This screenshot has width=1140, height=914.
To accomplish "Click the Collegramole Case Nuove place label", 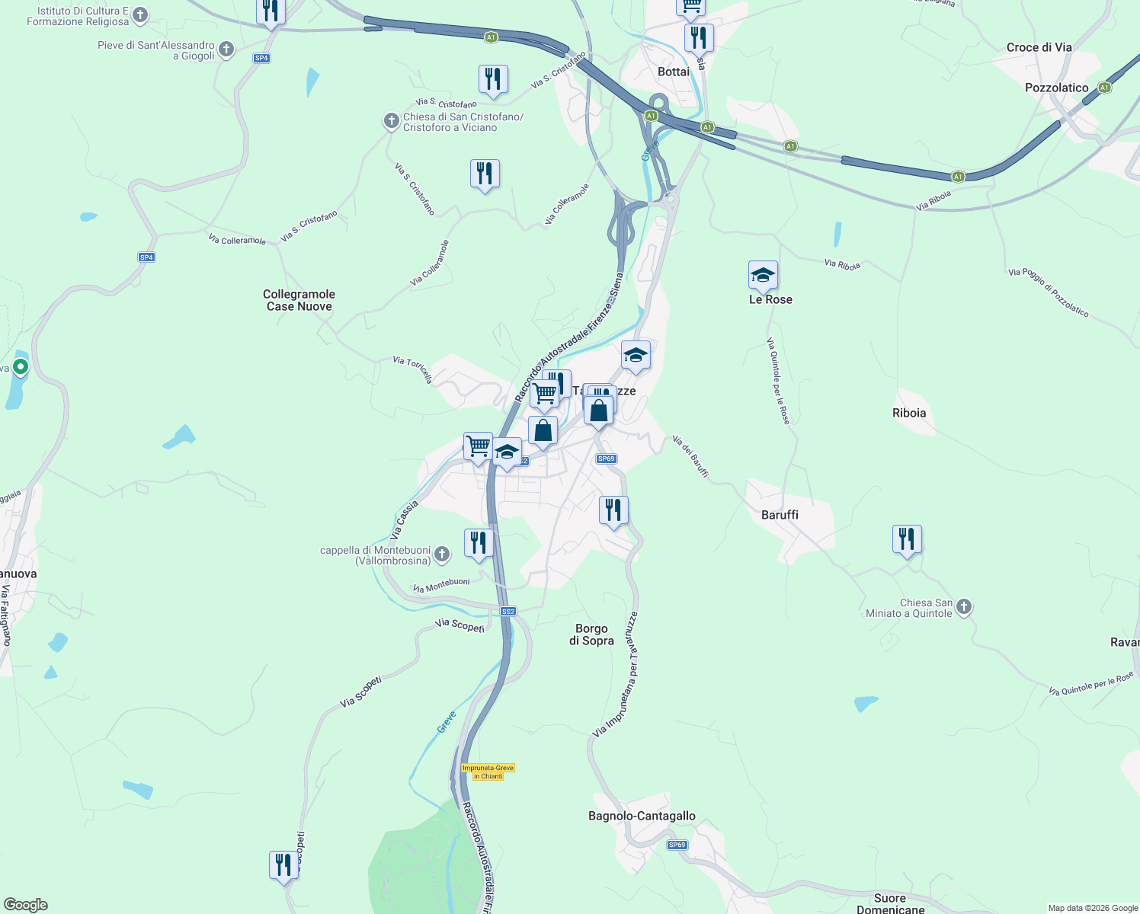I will (299, 300).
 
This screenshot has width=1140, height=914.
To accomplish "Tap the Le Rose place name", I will (770, 299).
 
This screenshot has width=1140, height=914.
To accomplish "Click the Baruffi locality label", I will (780, 515).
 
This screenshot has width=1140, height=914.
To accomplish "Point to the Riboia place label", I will (909, 413).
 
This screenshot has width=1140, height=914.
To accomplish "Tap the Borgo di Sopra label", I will (591, 634).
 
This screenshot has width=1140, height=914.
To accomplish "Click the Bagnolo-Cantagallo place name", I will (642, 816).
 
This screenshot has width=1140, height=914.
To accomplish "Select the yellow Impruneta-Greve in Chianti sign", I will (488, 772).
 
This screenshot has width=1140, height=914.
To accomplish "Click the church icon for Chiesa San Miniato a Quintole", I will (964, 606).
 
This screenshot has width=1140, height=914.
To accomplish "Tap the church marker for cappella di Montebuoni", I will (442, 554).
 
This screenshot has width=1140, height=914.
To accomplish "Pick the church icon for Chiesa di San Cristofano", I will (391, 120).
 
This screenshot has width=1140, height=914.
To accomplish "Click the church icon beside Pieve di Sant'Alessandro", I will (226, 50).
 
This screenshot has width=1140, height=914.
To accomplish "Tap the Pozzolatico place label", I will (1056, 88).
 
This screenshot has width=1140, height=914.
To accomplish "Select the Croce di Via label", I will (1039, 47).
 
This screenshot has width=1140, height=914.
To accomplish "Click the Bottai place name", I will (673, 72).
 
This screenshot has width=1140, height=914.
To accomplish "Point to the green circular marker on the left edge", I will (21, 367).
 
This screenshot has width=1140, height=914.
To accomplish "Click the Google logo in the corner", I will (26, 905).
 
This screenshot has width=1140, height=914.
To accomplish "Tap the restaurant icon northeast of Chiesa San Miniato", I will (906, 539).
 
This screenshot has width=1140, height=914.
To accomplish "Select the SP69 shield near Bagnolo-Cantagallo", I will (677, 845).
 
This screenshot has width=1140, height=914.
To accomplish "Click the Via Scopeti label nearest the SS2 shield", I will (460, 625).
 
